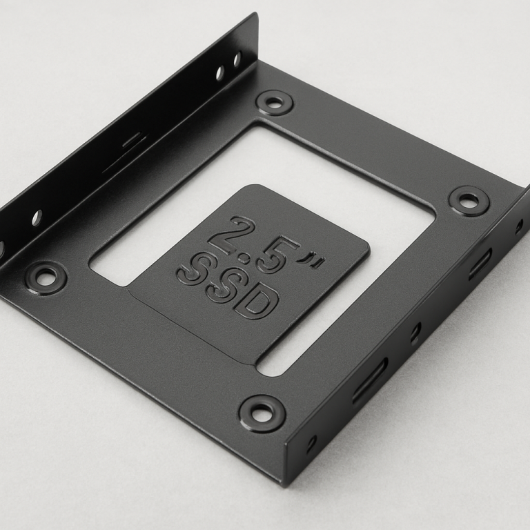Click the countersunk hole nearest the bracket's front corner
(x=262, y=413)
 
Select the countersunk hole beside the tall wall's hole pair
(x=274, y=103)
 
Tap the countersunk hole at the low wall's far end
(x=469, y=201)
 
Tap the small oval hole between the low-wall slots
(x=415, y=333)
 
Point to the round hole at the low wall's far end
(x=519, y=225)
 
